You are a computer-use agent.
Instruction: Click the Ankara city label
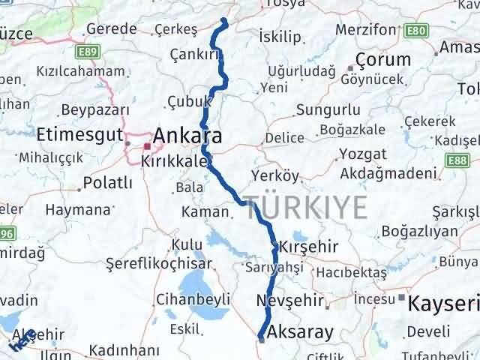pyautogui.click(x=187, y=137)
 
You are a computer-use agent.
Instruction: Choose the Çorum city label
pyautogui.click(x=383, y=60)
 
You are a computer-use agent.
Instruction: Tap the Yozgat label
pyautogui.click(x=362, y=154)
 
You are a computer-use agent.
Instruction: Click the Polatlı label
pyautogui.click(x=108, y=182)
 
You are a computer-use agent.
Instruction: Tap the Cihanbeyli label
pyautogui.click(x=182, y=300)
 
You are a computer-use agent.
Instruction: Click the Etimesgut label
pyautogui.click(x=79, y=135)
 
